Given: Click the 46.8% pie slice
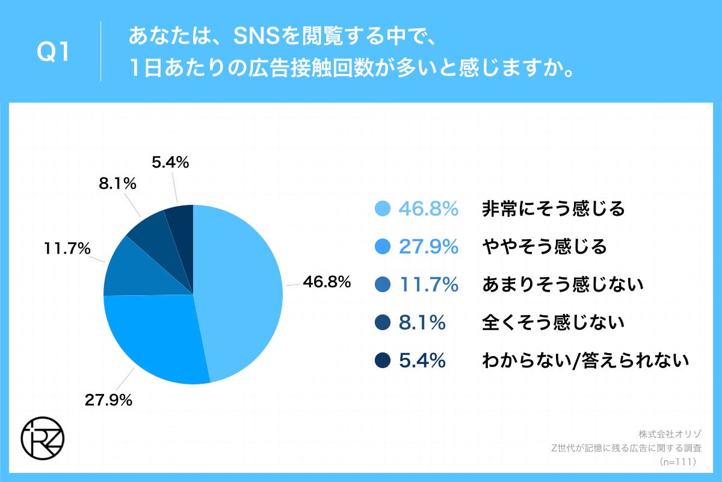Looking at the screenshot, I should pyautogui.click(x=241, y=289).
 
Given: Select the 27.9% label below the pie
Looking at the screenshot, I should pyautogui.click(x=109, y=399).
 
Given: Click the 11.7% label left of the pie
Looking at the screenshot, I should pyautogui.click(x=67, y=248).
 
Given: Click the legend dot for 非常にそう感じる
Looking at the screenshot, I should pyautogui.click(x=383, y=209).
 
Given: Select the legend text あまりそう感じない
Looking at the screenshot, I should pyautogui.click(x=562, y=284).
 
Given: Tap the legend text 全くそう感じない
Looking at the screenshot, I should pyautogui.click(x=553, y=322).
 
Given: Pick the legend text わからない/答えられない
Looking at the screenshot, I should pyautogui.click(x=584, y=360).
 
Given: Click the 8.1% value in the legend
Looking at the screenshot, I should pyautogui.click(x=422, y=322).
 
